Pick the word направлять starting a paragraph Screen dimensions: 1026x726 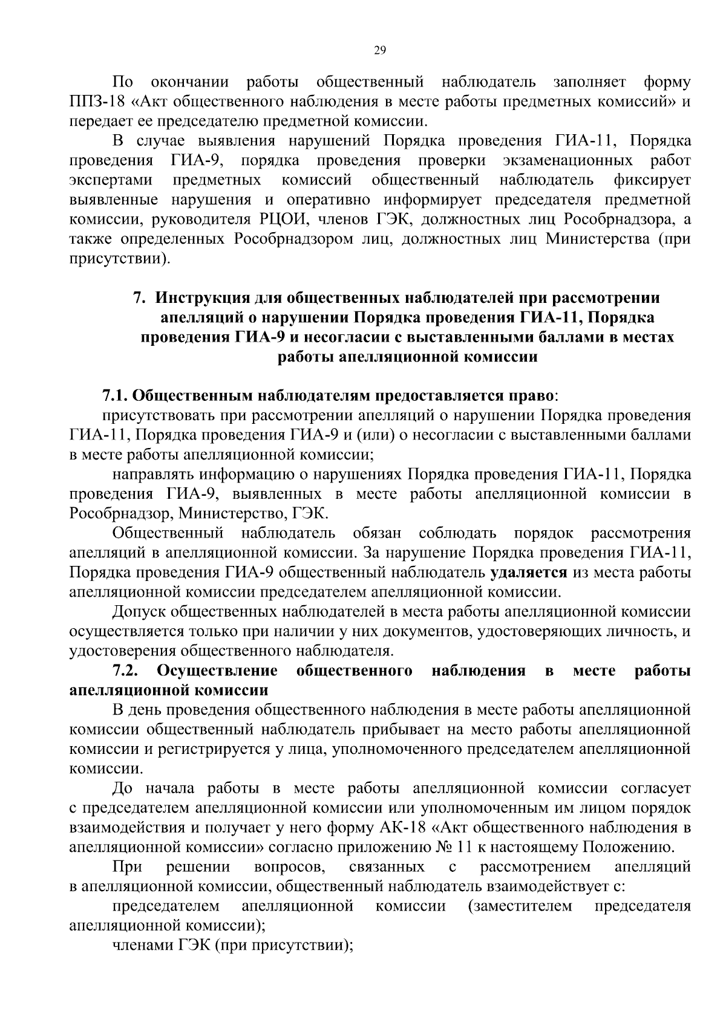pos(151,475)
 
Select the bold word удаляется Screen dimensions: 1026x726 pos(529,573)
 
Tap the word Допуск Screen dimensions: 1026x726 pos(136,612)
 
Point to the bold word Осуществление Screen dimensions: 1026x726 pos(217,670)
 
